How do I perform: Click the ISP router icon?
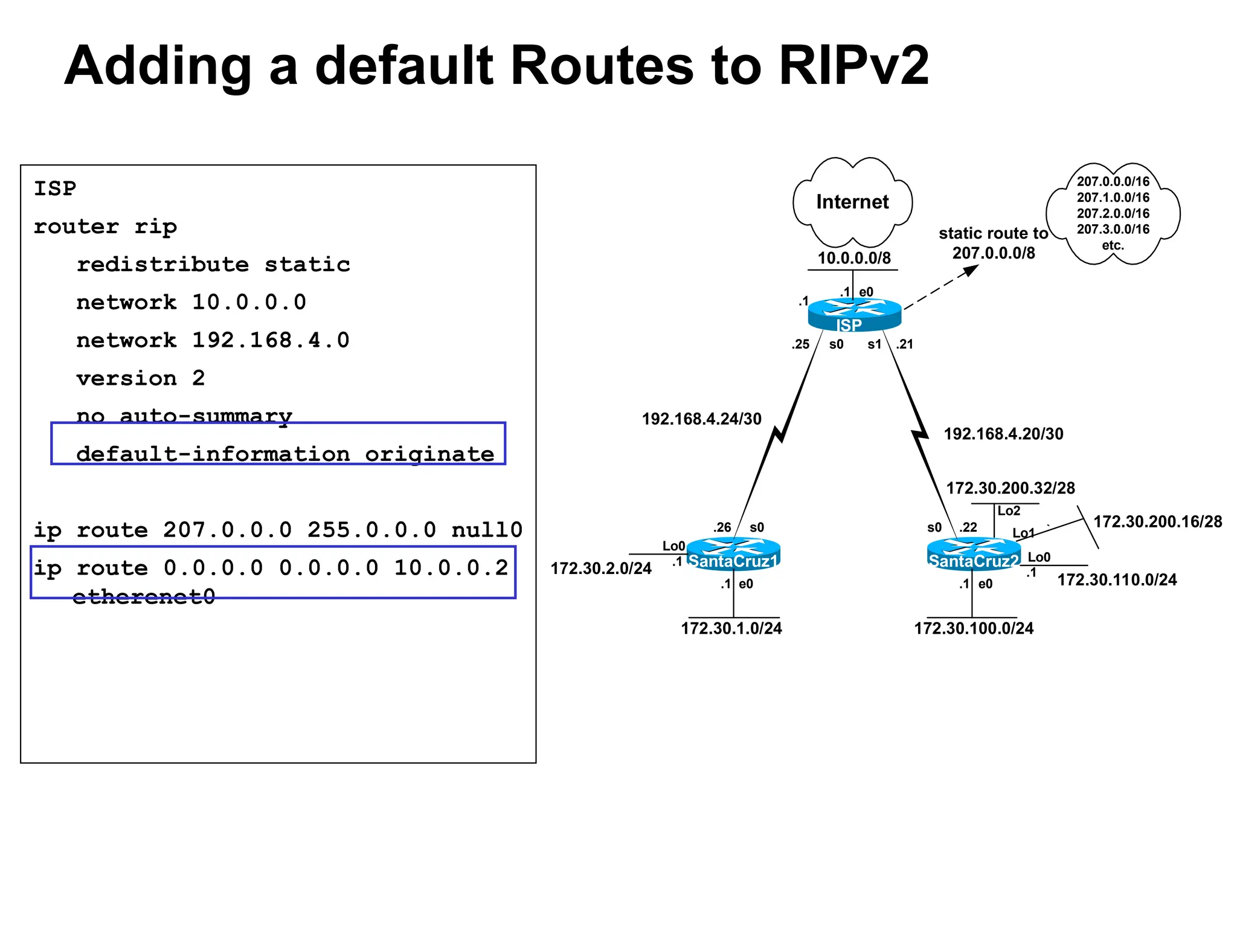pos(854,314)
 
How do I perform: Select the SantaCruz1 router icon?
pos(733,553)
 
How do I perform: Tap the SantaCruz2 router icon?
pos(973,553)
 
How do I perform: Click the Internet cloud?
pos(852,202)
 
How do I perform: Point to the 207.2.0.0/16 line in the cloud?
pos(1113,213)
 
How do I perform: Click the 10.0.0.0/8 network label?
pos(853,258)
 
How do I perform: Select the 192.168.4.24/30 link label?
pos(701,419)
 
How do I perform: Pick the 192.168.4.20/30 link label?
pos(1003,434)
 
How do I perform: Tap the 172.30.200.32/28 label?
pos(1010,488)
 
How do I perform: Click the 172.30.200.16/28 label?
pos(1157,522)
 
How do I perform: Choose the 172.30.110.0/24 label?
pos(1116,580)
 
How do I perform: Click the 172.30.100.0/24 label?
pos(973,628)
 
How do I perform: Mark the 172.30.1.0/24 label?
pos(731,628)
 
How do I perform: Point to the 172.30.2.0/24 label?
pos(600,569)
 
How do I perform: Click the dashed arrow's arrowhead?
pos(971,270)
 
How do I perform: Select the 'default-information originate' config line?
pos(284,454)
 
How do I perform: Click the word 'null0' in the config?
pos(486,530)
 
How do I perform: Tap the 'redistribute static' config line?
pos(213,265)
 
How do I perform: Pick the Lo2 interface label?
pos(1008,511)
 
